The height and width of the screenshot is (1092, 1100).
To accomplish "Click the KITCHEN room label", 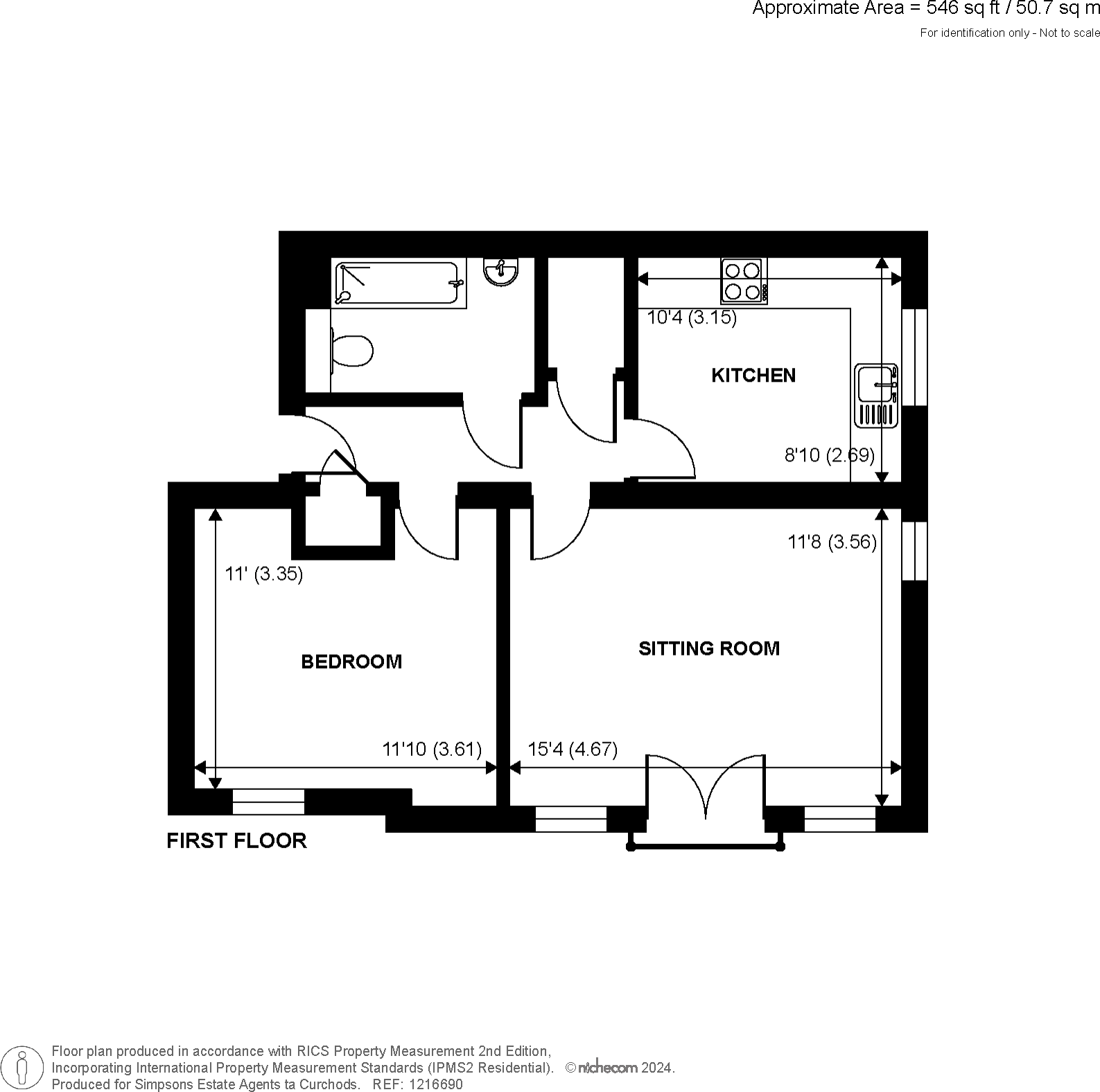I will point(753,376).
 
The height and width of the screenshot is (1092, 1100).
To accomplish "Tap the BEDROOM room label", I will point(351,662).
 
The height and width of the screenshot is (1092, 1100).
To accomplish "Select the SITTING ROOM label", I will point(708,649).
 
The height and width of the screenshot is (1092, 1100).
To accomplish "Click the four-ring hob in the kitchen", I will point(744,281).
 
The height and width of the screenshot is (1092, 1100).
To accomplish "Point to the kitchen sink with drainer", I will point(877,395).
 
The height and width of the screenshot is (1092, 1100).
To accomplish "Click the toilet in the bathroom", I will point(353,351).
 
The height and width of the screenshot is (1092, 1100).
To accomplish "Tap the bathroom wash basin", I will point(500,271).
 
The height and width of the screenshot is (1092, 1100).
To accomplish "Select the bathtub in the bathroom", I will point(399,283).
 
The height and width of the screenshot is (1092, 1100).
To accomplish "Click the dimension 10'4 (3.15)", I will point(691,318).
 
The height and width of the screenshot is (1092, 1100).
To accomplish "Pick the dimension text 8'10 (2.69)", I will point(829,455).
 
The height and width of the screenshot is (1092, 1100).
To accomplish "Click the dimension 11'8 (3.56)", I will point(832,542).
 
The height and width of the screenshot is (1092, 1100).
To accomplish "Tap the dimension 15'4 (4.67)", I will point(573,749).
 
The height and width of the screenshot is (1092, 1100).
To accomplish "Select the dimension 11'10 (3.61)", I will point(432,749).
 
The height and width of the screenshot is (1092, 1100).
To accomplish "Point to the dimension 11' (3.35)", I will point(264,574).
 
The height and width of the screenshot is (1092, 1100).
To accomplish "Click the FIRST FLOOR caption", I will point(236,840).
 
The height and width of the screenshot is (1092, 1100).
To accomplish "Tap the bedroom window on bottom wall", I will point(268,802).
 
